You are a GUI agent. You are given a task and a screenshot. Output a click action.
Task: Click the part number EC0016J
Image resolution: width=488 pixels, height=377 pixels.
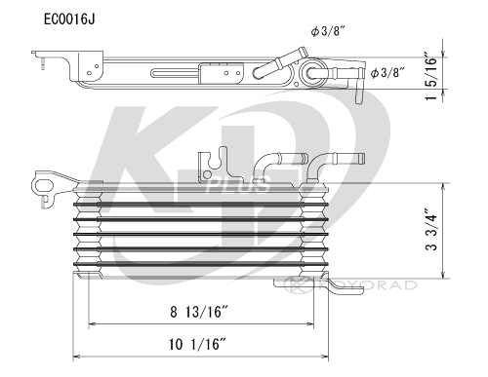pos(69,19)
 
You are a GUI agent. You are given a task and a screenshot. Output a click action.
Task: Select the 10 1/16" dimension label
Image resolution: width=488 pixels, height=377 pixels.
pos(197,344)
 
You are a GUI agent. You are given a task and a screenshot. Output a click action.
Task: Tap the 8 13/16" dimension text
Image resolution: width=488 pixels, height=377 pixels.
pos(198,312)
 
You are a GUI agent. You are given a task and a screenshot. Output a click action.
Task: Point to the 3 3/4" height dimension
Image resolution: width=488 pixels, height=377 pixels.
pos(431,230)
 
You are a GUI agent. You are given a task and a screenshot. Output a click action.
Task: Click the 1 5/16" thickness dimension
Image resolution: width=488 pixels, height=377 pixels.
pos(431,75)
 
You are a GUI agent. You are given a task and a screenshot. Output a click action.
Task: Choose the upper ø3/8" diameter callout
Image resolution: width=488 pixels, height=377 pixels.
pos(328,31)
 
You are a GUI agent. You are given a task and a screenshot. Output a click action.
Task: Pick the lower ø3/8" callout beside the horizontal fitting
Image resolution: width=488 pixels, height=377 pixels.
pos(387,73)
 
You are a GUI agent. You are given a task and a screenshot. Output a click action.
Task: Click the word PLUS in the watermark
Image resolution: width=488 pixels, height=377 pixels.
pos(237,186)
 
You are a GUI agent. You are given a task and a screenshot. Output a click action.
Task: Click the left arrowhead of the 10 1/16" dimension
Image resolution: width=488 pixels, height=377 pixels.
pos(76,357)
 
